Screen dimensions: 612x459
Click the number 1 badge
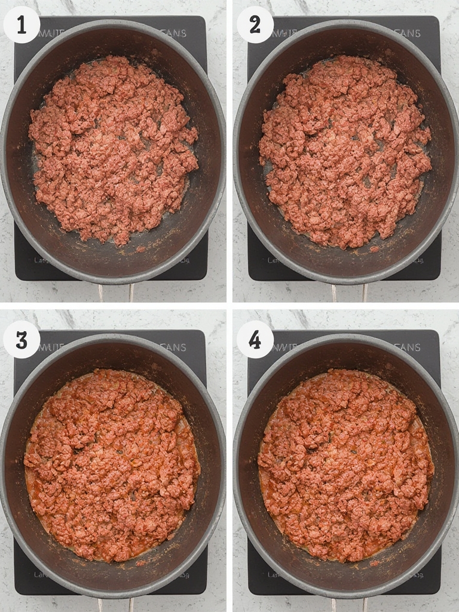(x=22, y=25)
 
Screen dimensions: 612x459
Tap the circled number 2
(x=255, y=25)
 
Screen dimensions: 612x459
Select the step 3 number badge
(x=22, y=339)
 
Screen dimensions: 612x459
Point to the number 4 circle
(x=255, y=339)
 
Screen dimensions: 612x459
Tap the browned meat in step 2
(x=345, y=149)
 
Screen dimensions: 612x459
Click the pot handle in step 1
(x=116, y=293)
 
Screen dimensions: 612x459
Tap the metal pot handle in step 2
(x=349, y=293)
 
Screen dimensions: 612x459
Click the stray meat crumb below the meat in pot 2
(x=375, y=249)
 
